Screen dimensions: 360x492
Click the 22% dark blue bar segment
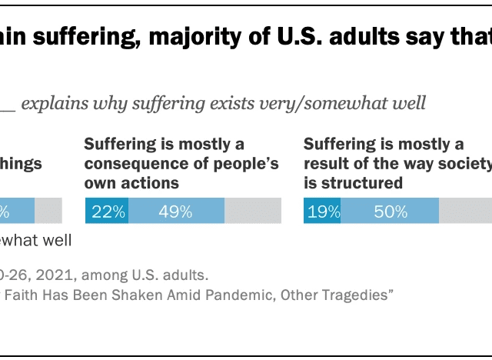click(107, 212)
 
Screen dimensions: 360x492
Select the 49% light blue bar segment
click(176, 212)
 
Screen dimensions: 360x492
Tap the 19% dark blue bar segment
click(322, 212)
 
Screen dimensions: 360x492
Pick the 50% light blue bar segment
click(390, 212)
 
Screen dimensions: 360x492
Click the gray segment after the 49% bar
click(252, 212)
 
